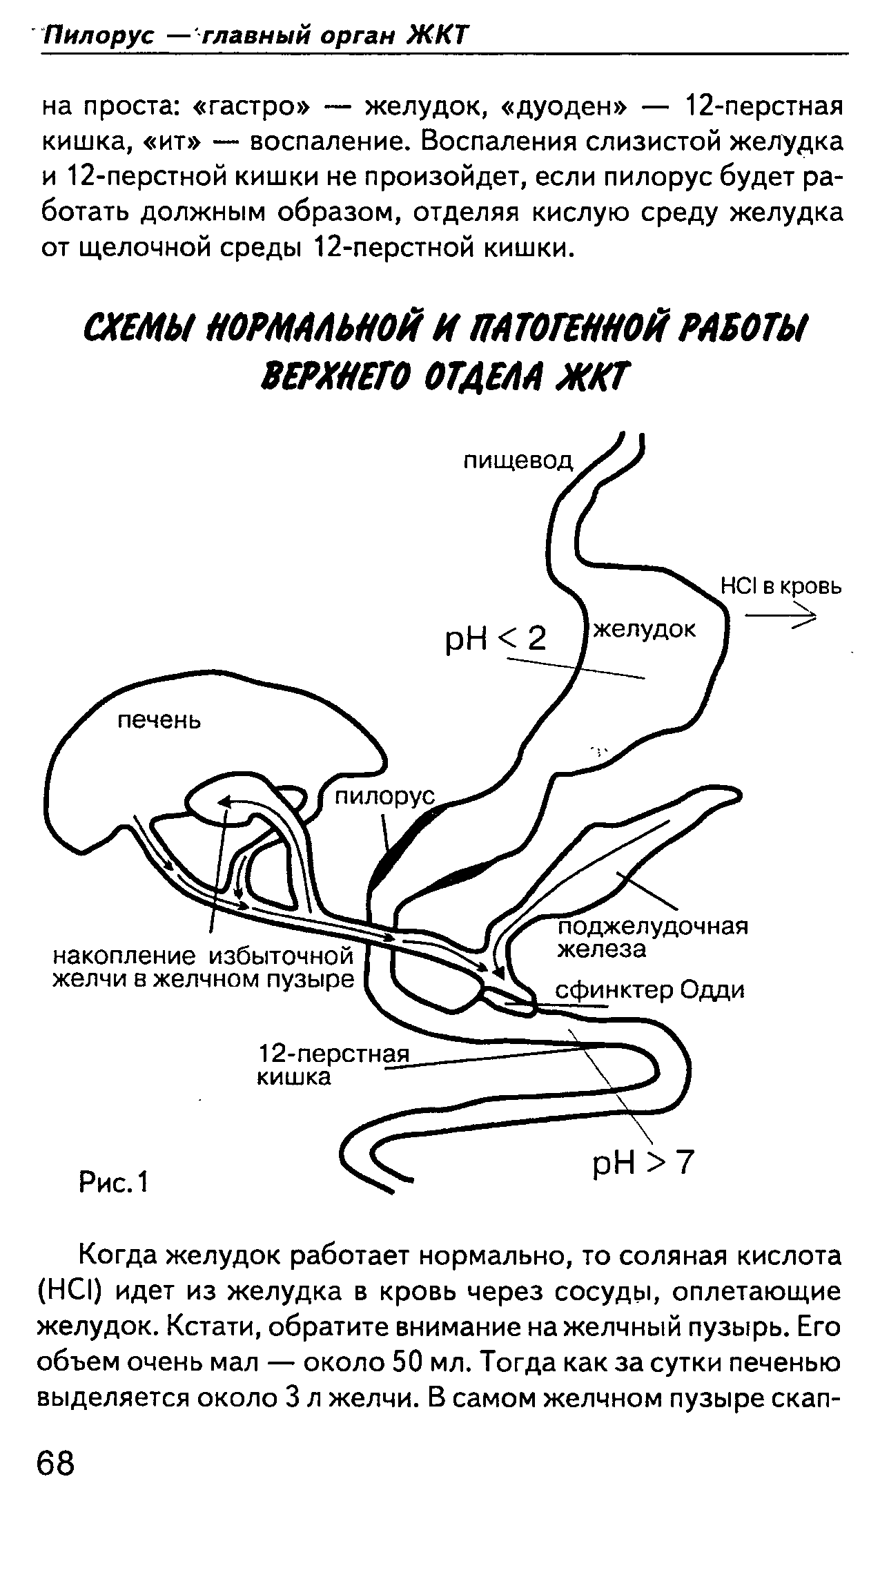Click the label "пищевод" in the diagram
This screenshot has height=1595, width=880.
click(x=518, y=461)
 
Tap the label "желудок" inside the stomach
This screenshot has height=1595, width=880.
click(x=645, y=630)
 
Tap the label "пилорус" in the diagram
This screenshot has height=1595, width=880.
click(x=385, y=797)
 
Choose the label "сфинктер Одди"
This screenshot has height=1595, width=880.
click(x=650, y=991)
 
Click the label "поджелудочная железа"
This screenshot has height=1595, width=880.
click(x=652, y=938)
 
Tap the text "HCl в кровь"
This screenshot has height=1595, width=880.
click(x=781, y=587)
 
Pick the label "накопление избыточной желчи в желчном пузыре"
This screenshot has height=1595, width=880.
click(x=204, y=968)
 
